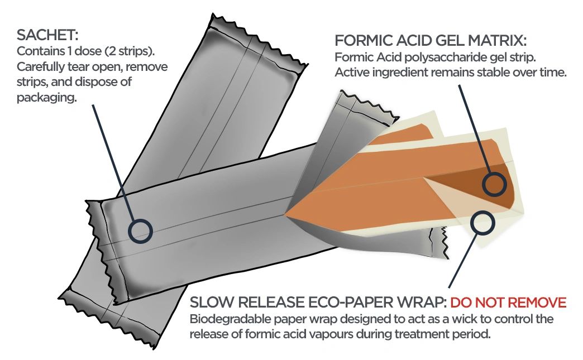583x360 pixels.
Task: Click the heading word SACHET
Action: click(x=47, y=35)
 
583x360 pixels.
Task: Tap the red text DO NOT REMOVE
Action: click(x=508, y=303)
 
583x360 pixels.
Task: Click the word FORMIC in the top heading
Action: click(x=361, y=41)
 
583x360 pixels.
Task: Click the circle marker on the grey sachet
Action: click(x=141, y=231)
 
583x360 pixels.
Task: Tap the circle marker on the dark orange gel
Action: click(x=495, y=184)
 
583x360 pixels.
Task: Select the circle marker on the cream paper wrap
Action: click(x=482, y=223)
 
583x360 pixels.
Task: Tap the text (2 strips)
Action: click(x=130, y=51)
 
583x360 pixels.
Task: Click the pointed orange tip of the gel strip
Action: click(x=285, y=215)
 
